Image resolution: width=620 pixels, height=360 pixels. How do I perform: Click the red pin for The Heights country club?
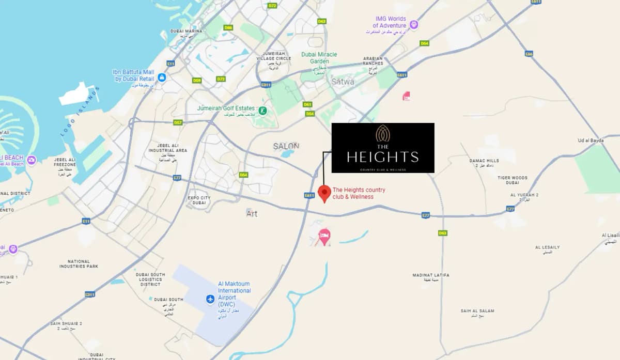pos(324,193)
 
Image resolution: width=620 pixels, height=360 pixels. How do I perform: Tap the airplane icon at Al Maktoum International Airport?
pos(210,299)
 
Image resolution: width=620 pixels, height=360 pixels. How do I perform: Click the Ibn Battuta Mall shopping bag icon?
pos(162,77)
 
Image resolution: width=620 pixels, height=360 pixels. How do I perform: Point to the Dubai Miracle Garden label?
pos(319,58)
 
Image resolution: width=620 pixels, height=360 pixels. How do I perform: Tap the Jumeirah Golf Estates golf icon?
pos(262,110)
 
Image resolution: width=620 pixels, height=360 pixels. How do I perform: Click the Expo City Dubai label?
pos(199,200)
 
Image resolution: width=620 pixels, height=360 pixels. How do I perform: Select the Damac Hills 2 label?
pos(484,163)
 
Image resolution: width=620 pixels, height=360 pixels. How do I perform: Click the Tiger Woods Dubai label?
pos(512,180)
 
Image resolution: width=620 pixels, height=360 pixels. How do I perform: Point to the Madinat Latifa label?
pos(430,277)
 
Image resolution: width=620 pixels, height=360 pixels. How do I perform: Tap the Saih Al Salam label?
pos(477,312)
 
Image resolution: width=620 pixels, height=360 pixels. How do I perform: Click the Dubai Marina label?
pos(186,33)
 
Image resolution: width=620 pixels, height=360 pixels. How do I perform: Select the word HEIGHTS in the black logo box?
pos(382,156)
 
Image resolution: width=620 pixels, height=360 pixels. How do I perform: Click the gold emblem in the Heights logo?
pos(383,134)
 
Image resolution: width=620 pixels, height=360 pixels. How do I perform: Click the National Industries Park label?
pos(79,264)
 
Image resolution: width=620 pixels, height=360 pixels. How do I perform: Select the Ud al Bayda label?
pos(591,140)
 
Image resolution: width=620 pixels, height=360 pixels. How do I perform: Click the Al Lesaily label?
pos(547,249)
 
